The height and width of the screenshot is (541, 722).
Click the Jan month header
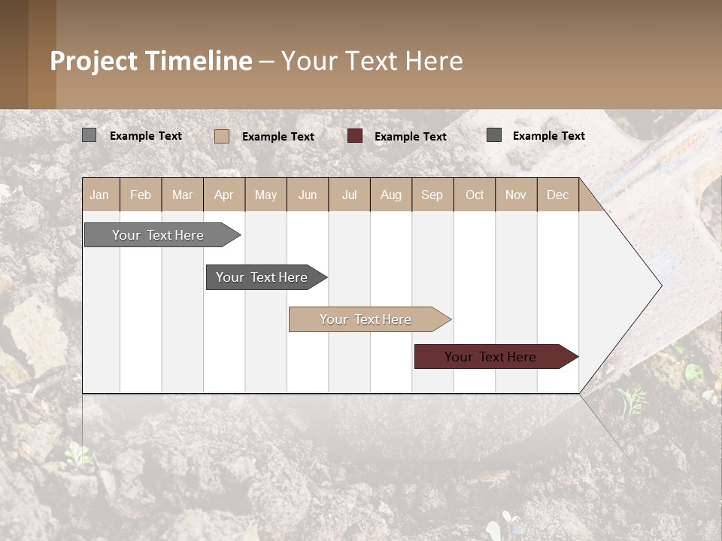(x=99, y=195)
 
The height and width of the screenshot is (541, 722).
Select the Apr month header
(x=223, y=195)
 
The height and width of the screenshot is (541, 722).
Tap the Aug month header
(x=390, y=195)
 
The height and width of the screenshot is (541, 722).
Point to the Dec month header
(x=557, y=195)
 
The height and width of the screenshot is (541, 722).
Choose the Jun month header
(x=307, y=195)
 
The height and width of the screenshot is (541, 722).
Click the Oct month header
(x=474, y=195)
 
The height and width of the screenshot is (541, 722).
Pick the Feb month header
(x=141, y=195)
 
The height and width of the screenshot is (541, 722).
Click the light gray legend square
(x=89, y=135)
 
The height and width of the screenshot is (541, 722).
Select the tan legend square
(x=221, y=136)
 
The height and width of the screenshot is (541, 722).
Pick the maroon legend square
(x=354, y=136)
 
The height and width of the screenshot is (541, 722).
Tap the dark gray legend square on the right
(x=493, y=135)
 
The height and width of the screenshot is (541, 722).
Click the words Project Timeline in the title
(x=150, y=61)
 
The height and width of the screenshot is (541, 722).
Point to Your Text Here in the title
(x=372, y=61)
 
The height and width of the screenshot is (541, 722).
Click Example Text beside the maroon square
(x=410, y=136)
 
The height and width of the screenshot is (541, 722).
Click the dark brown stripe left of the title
(x=14, y=54)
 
